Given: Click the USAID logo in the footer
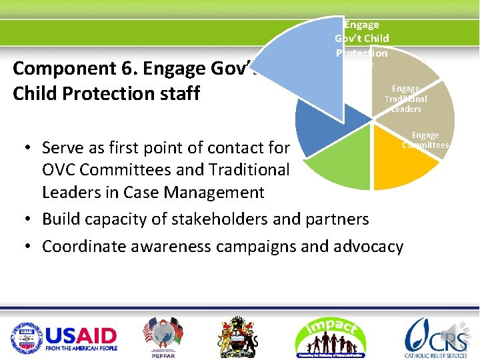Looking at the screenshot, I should [63, 336].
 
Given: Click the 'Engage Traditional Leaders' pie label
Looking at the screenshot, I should [406, 99].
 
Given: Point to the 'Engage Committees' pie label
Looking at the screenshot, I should [425, 140].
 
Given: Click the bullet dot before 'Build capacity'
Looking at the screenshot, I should [25, 219].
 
